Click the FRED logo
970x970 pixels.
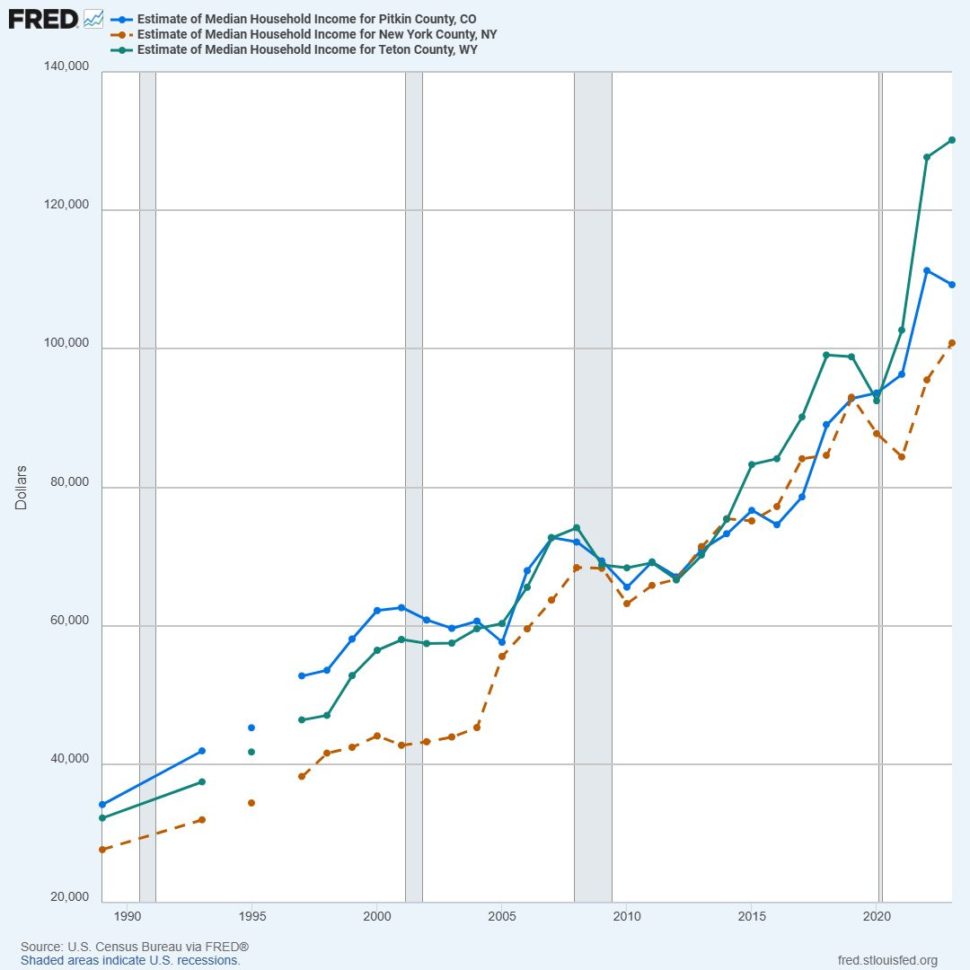pos(42,18)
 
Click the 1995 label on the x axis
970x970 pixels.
pos(252,917)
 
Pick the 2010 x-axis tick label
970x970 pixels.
pos(627,917)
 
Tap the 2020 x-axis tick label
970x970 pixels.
pos(877,917)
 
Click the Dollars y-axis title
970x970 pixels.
pos(21,488)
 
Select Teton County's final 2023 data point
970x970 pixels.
pos(951,140)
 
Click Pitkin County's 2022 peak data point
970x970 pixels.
pos(926,270)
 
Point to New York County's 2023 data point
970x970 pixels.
pos(951,343)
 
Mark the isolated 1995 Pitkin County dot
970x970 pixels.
pos(251,727)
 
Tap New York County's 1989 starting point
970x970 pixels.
pos(102,850)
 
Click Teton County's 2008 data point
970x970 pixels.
pos(577,527)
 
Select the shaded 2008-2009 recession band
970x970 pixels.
pos(593,485)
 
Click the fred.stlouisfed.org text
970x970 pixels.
pos(887,960)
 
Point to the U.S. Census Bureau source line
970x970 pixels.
pos(135,948)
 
